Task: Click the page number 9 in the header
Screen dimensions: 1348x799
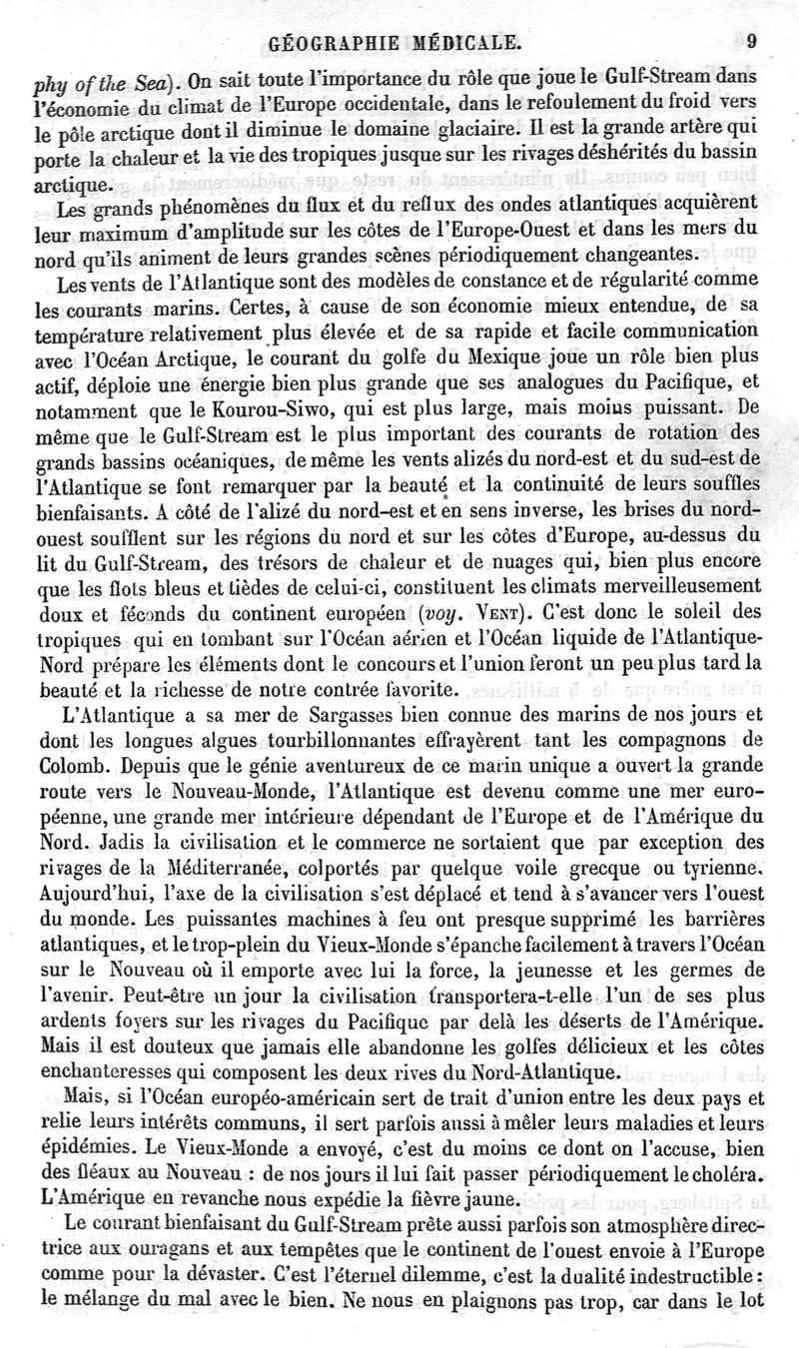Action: pos(752,42)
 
